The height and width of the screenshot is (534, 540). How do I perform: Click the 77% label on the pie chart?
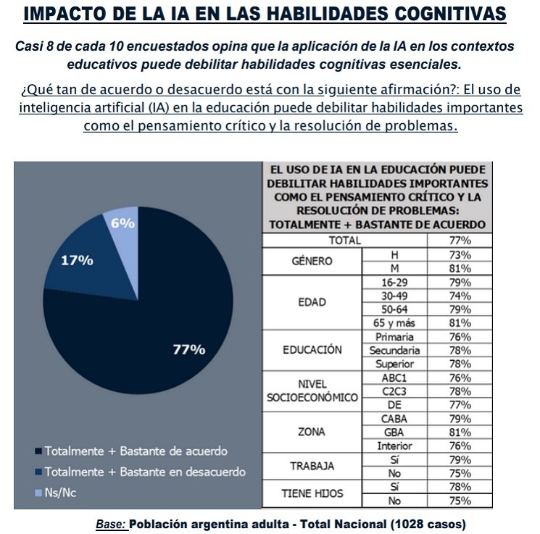[x=189, y=349]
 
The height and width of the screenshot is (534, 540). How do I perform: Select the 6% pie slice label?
[x=122, y=224]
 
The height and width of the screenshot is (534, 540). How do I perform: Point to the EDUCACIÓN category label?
[x=312, y=349]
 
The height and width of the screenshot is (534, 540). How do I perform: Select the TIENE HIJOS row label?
[x=312, y=493]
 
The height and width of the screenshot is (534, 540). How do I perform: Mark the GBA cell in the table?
[x=395, y=433]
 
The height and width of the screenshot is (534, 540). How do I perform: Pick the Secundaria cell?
[x=395, y=350]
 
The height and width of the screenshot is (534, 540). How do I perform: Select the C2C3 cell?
[x=395, y=391]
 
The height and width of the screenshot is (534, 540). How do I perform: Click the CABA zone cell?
[x=395, y=419]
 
